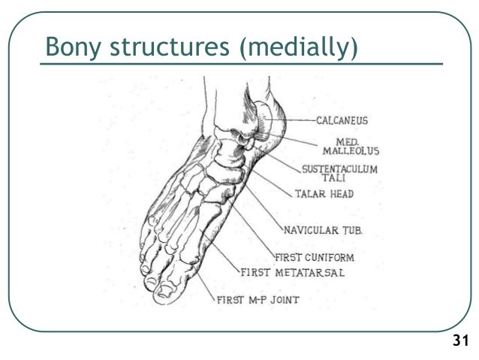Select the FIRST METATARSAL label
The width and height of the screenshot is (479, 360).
tap(293, 272)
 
